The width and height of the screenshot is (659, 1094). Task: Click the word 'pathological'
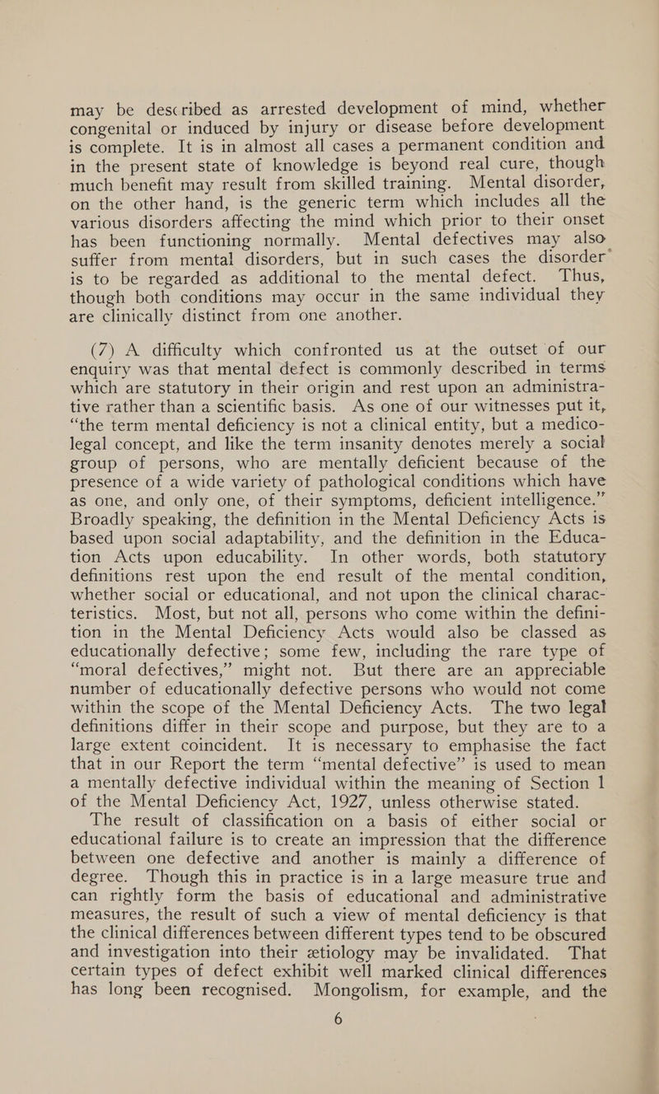[x=325, y=429]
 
